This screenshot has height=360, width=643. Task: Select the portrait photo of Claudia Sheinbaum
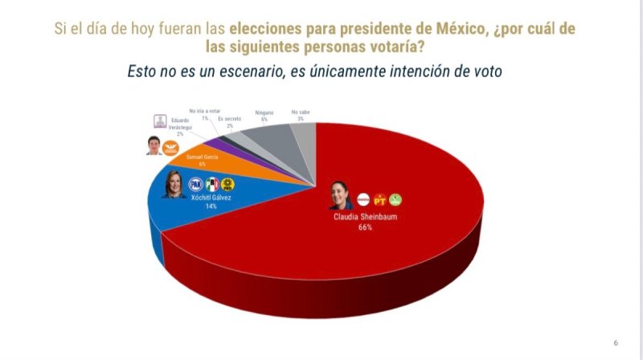(341, 196)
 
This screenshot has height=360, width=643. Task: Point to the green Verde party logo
(395, 198)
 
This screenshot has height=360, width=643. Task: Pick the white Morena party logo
(363, 198)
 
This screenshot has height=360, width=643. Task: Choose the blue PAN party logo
(195, 184)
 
